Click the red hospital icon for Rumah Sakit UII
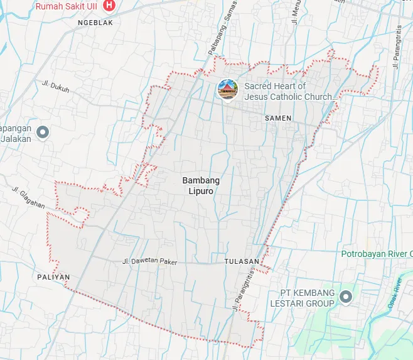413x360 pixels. (x=110, y=6)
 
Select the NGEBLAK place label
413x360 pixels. (x=95, y=23)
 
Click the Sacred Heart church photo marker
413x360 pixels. (x=227, y=90)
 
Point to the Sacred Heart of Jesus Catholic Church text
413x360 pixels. (x=290, y=92)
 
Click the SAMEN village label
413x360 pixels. (x=278, y=118)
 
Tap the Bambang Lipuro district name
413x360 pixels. (x=198, y=186)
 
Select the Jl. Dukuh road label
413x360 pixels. (x=56, y=87)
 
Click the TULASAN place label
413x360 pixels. (x=241, y=261)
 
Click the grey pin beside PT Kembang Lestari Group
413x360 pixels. (x=345, y=296)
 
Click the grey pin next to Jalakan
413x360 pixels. (x=43, y=132)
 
